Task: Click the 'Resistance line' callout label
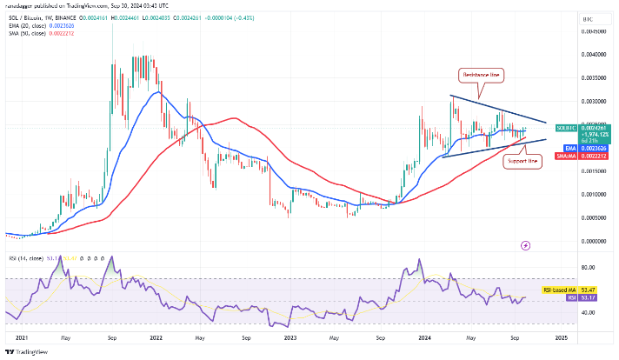coord(481,77)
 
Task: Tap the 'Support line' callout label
coord(522,162)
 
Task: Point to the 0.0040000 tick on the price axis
coord(595,55)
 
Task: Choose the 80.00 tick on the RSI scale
coord(588,267)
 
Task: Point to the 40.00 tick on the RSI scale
coord(588,312)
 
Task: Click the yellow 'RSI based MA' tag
coord(584,288)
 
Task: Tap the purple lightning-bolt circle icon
coord(525,246)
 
